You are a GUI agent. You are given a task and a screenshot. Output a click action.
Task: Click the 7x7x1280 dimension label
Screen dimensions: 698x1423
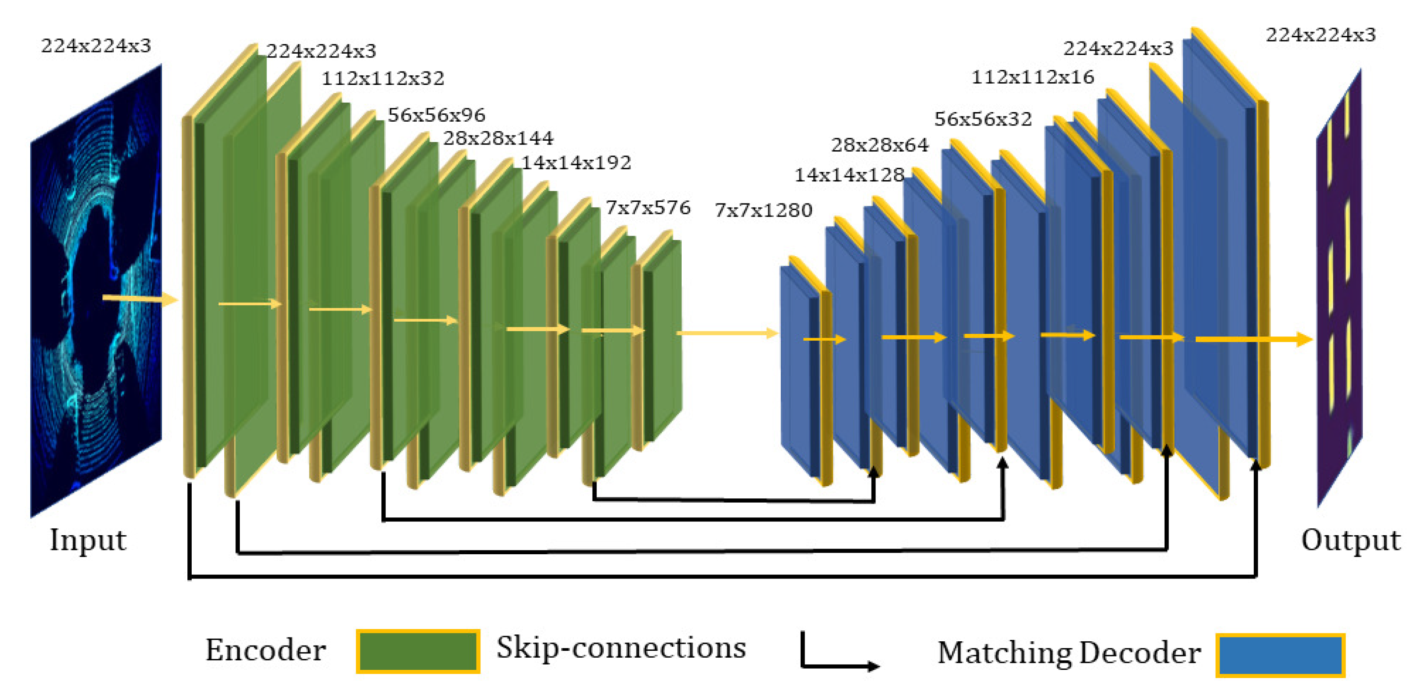click(763, 210)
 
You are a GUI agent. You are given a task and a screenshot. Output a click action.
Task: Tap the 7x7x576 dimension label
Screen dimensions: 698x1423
click(647, 208)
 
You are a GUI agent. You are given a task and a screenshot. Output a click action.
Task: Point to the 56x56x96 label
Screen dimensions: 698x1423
click(436, 115)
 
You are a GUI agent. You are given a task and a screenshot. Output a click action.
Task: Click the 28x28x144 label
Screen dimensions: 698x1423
click(497, 138)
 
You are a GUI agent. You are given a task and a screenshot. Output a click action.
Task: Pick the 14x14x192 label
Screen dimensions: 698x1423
click(576, 162)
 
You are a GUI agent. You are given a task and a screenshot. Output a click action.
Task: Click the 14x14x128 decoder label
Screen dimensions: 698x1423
click(849, 175)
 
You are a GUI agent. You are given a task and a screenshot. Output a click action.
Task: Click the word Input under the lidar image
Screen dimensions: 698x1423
click(88, 540)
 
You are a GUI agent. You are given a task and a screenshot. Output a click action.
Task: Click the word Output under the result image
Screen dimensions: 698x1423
click(1350, 540)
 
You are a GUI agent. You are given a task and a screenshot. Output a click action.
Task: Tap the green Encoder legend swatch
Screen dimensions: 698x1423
click(418, 652)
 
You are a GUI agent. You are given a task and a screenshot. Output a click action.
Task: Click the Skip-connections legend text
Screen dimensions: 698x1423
click(621, 648)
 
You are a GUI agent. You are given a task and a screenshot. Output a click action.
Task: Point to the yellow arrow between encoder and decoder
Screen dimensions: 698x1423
click(726, 333)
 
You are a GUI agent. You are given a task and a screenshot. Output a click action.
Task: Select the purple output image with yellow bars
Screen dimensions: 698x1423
click(1339, 288)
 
